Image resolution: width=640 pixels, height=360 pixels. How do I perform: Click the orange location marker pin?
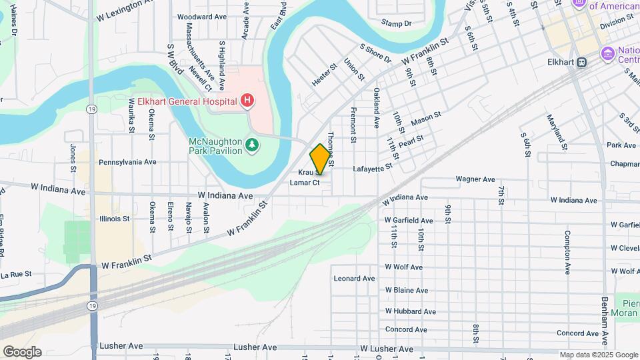point(320,159)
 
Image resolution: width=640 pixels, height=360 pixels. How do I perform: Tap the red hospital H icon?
point(247,101)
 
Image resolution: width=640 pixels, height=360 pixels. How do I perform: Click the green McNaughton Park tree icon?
point(252,145)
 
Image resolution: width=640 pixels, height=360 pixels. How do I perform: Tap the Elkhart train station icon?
point(582,62)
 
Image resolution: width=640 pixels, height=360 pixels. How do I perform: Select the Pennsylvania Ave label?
point(127,162)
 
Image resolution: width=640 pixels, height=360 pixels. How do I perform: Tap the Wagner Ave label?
point(475,179)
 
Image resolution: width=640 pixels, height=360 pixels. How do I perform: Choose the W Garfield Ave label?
point(409,221)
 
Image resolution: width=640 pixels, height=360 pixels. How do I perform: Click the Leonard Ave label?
point(355,279)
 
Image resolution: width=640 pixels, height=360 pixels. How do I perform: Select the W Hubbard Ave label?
point(410,311)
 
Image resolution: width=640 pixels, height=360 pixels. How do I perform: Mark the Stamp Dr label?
point(396,23)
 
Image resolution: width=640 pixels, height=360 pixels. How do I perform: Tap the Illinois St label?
point(114,219)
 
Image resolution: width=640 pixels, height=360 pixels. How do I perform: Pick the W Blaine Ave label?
point(407,291)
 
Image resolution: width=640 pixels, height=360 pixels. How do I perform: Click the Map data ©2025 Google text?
point(599,355)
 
